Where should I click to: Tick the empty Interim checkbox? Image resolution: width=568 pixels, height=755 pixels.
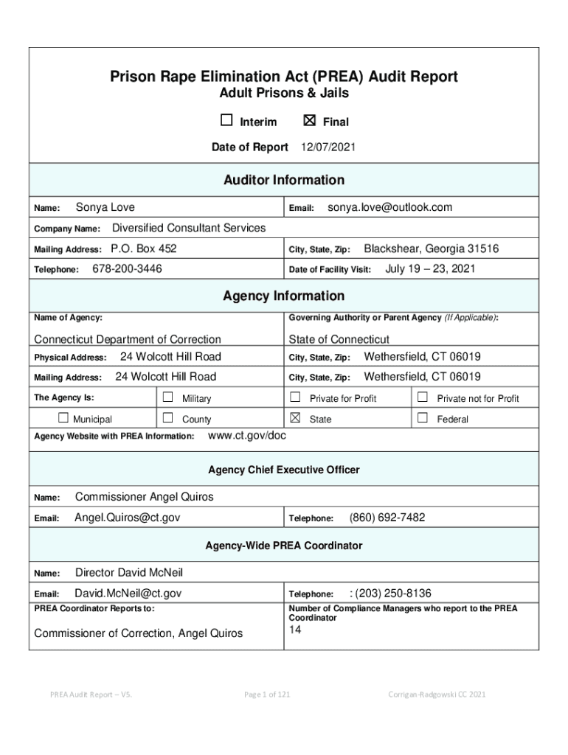[226, 121]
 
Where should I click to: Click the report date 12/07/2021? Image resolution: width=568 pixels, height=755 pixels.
[328, 147]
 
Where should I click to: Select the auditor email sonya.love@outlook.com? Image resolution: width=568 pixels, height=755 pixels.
[389, 208]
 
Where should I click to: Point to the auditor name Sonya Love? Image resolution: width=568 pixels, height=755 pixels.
[105, 208]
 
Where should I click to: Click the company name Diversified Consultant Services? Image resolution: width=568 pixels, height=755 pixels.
[188, 228]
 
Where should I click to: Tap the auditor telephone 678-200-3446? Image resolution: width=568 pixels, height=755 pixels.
[127, 269]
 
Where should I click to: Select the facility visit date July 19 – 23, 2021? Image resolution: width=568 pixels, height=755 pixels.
[430, 269]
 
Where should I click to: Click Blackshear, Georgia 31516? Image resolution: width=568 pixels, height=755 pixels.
[431, 249]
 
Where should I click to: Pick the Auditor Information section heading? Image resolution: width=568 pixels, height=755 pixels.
[284, 180]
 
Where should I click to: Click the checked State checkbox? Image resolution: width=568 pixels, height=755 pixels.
[296, 418]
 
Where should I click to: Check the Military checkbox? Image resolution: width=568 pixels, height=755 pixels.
[167, 397]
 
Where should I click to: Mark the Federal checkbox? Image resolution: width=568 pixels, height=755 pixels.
[423, 418]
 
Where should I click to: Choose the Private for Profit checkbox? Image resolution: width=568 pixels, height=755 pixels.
[296, 397]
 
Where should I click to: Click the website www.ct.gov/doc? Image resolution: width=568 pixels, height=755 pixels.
[248, 436]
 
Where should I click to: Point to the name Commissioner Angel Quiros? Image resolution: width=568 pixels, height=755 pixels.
[145, 497]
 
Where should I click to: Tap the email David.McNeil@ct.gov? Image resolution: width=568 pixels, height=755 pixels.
[128, 594]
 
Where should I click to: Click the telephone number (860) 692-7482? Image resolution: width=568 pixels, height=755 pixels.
[387, 518]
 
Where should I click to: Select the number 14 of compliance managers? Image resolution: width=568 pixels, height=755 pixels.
[295, 630]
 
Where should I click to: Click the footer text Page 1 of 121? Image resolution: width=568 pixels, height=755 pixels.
[266, 694]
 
